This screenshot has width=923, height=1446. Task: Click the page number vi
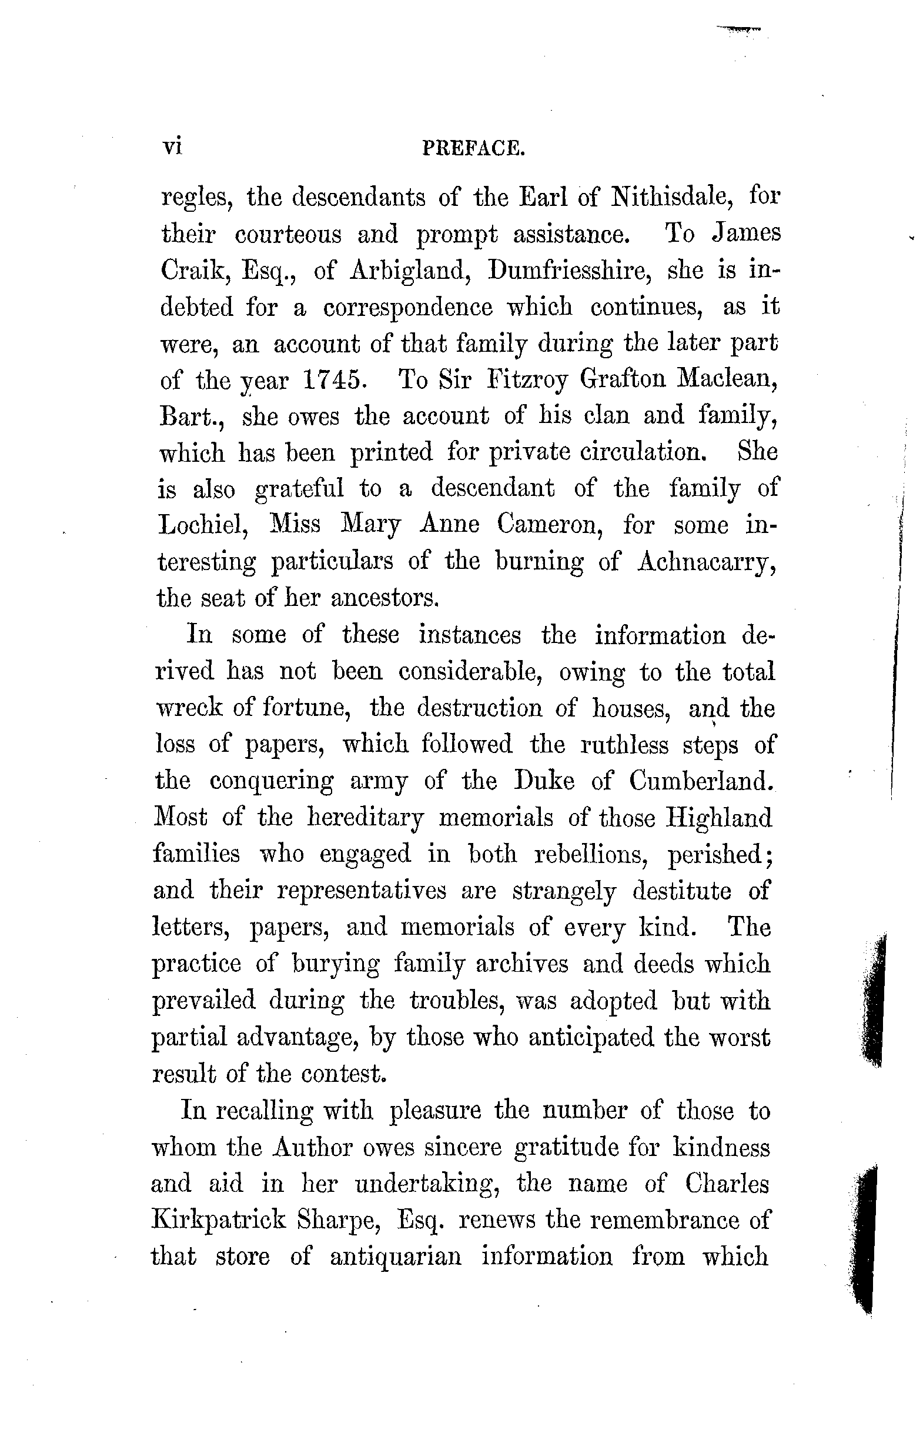[x=172, y=146]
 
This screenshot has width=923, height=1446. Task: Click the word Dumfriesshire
[x=570, y=271]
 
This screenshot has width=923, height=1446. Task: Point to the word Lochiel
[x=202, y=525]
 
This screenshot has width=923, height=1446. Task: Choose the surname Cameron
[x=550, y=525]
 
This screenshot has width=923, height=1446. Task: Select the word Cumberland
[x=700, y=781]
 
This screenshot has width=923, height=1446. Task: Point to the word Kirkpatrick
[x=218, y=1220]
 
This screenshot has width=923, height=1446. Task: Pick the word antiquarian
[x=396, y=1256]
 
